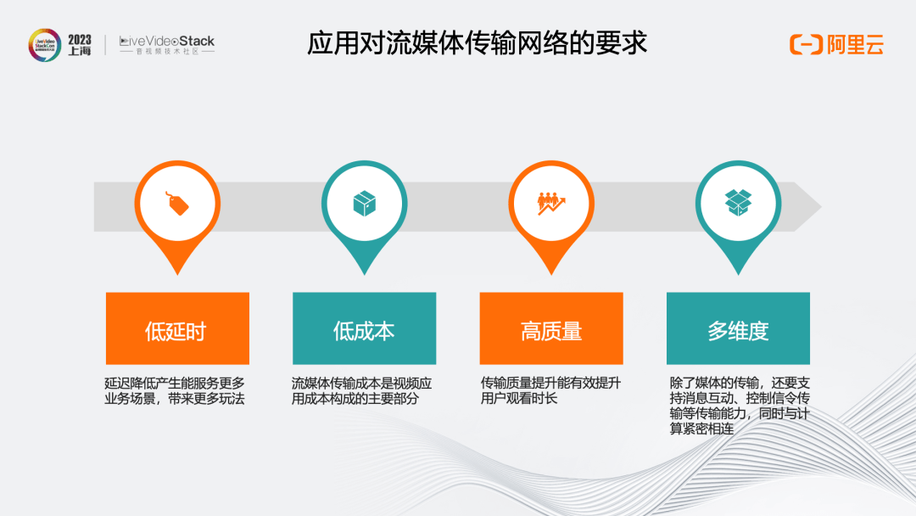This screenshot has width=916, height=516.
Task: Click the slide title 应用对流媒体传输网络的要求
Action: click(477, 43)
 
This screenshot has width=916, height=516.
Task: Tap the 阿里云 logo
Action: click(836, 44)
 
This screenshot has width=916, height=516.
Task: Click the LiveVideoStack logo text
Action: click(167, 44)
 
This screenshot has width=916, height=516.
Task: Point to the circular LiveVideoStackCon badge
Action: click(45, 45)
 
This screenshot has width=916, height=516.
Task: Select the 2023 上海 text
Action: click(80, 45)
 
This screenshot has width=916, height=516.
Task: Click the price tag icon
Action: click(177, 204)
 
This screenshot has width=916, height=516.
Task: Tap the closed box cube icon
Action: click(365, 204)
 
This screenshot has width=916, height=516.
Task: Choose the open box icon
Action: click(738, 203)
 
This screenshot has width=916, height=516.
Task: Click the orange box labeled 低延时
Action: click(177, 328)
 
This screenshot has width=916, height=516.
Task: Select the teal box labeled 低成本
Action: click(365, 328)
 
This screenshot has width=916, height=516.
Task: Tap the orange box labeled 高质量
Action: click(551, 328)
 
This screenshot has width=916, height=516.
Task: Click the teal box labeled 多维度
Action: click(739, 328)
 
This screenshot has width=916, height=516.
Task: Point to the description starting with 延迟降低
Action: click(175, 391)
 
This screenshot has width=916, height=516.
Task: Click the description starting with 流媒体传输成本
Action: click(361, 391)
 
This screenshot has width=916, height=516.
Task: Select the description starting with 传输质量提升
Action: click(550, 391)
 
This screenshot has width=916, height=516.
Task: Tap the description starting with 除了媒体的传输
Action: click(740, 407)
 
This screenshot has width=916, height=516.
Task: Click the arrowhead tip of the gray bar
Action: click(821, 206)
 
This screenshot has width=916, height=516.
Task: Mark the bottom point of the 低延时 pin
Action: click(177, 275)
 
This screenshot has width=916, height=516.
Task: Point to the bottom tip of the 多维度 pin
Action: click(739, 275)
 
